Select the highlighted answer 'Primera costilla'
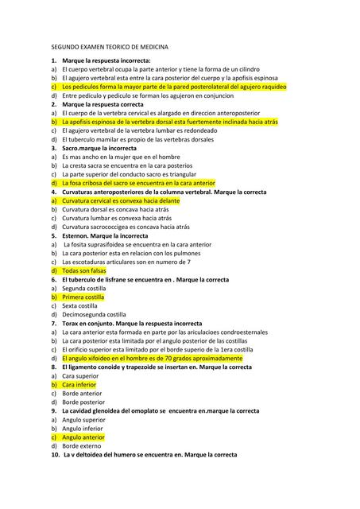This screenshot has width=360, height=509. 85,297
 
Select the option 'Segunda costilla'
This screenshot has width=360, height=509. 85,288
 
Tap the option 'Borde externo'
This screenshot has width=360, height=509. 81,445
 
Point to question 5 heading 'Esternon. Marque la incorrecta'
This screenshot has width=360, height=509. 105,235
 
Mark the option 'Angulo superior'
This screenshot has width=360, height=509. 83,419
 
